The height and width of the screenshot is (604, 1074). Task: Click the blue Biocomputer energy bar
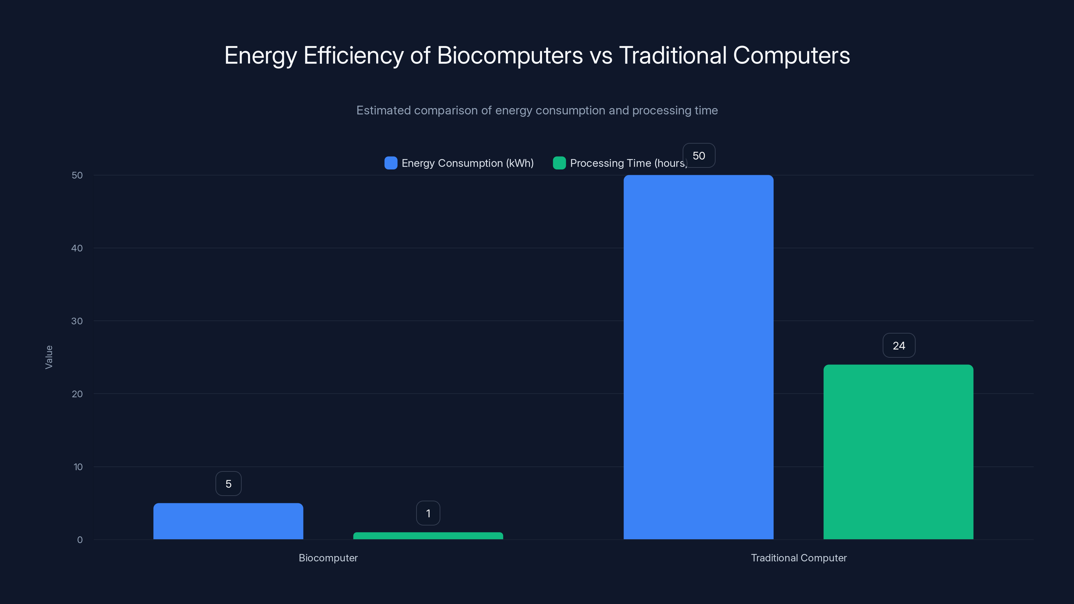(x=228, y=521)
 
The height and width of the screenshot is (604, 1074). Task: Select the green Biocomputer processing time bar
(x=428, y=536)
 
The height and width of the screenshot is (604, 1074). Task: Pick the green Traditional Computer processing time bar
(x=898, y=452)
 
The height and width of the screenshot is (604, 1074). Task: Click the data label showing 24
(x=898, y=346)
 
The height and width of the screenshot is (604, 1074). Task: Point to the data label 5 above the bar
(x=228, y=484)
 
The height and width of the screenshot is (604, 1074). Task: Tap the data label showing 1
(x=428, y=513)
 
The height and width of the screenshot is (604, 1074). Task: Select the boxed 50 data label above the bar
(x=699, y=155)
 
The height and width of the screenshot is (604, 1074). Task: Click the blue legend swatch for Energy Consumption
(x=391, y=163)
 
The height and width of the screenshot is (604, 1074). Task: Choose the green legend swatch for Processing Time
(x=559, y=163)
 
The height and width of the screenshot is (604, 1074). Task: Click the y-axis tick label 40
(x=77, y=248)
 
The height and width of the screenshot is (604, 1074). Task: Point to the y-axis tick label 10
(x=78, y=467)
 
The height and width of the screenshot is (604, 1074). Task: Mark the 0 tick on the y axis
(x=80, y=540)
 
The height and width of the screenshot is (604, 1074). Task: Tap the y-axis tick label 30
(x=77, y=321)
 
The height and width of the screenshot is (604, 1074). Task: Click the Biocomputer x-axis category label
(x=328, y=558)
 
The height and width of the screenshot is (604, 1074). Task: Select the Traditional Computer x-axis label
(x=798, y=558)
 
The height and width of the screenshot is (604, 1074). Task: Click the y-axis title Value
(x=49, y=357)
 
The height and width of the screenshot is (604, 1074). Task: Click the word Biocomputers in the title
(x=509, y=55)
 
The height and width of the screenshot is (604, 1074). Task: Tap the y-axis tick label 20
(x=77, y=394)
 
